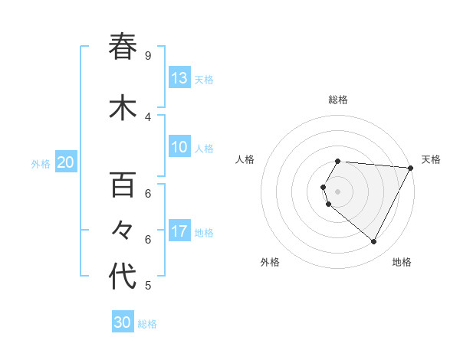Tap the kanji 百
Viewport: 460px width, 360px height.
[x=123, y=185]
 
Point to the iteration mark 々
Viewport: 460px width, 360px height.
[x=123, y=231]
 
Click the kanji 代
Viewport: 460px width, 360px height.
[x=123, y=277]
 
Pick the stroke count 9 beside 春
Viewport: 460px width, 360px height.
[x=147, y=55]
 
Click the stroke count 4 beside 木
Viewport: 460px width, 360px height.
[x=147, y=116]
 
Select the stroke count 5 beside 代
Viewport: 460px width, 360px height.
[x=147, y=286]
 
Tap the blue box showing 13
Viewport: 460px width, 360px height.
[x=179, y=77]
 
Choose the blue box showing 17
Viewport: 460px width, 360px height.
[x=179, y=231]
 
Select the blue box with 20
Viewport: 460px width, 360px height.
[x=66, y=162]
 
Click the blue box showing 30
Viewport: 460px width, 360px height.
[x=123, y=322]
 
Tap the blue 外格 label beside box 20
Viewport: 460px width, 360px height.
[x=41, y=163]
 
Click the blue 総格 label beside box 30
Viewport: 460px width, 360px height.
[x=147, y=324]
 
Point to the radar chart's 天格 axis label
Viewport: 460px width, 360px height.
[x=431, y=159]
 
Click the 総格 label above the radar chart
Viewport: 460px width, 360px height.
[x=337, y=100]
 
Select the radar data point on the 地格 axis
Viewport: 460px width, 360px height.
[x=373, y=241]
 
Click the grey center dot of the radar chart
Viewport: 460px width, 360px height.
[x=337, y=191]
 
